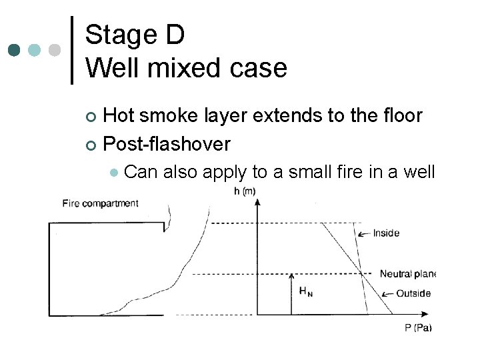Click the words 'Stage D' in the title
point(135,35)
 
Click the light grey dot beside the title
point(55,51)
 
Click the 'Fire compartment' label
point(100,203)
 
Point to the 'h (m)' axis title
point(245,191)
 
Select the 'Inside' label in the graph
point(386,233)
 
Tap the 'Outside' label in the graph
point(413,293)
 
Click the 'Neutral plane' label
point(407,273)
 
